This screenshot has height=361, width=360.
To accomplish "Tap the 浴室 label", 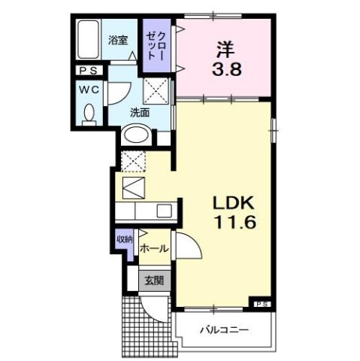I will [x=117, y=41].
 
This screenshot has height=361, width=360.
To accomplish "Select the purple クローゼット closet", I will [x=158, y=46].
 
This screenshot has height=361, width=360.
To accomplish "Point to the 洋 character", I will [x=225, y=47].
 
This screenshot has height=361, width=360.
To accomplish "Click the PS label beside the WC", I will [x=86, y=71].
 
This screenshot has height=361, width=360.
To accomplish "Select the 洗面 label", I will [x=140, y=113].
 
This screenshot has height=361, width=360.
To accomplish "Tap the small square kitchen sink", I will [x=165, y=210].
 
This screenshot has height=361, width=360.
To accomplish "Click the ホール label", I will [x=153, y=247].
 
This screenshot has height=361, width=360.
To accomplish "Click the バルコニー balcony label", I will [x=224, y=329].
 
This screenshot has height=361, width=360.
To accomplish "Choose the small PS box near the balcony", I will [x=262, y=303].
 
